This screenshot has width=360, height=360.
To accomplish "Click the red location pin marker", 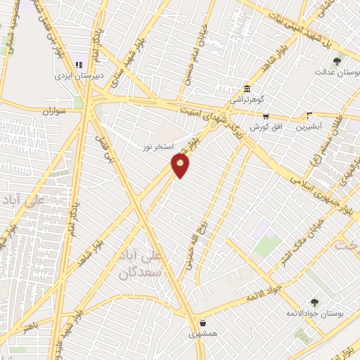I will coord(181,165).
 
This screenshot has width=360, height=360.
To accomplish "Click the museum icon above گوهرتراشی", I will coord(247,89).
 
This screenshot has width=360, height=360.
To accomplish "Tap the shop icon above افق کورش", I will coord(265,117).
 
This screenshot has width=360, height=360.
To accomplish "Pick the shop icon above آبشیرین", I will coord(309,117).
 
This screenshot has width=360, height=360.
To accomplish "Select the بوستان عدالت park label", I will coord(333,72).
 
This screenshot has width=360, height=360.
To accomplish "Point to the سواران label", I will coord(53,111).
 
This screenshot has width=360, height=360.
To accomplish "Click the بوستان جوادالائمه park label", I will coord(314,313).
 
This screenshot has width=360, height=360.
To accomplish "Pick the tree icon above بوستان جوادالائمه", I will coord(314,302).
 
